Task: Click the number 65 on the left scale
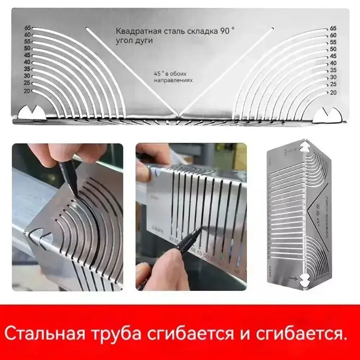[27, 28]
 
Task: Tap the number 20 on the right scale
[333, 92]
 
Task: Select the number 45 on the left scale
[27, 55]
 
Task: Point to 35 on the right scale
[333, 70]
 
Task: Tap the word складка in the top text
[203, 32]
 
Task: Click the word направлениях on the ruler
[173, 81]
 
